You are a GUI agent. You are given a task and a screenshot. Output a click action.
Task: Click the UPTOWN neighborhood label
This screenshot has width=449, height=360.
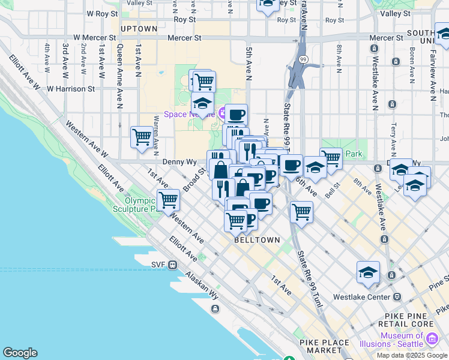139,29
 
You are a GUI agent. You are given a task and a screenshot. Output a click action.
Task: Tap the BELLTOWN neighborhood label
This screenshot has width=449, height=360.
257,240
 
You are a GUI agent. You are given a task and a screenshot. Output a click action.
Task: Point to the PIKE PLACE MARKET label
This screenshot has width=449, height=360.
324,347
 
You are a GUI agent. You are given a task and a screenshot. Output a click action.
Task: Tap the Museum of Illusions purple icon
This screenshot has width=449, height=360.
431,340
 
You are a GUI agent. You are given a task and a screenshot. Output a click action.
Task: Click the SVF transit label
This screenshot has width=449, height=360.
158,265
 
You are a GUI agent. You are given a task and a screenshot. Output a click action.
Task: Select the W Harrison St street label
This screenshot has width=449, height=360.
71,89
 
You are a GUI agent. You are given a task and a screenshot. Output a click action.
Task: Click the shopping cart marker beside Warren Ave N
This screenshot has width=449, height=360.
142,136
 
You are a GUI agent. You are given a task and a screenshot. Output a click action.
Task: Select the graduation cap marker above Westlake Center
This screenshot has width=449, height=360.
368,272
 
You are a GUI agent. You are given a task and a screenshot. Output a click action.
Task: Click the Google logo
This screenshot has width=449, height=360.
20,353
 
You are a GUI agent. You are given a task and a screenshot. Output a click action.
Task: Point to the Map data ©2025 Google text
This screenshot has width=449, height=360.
412,355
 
